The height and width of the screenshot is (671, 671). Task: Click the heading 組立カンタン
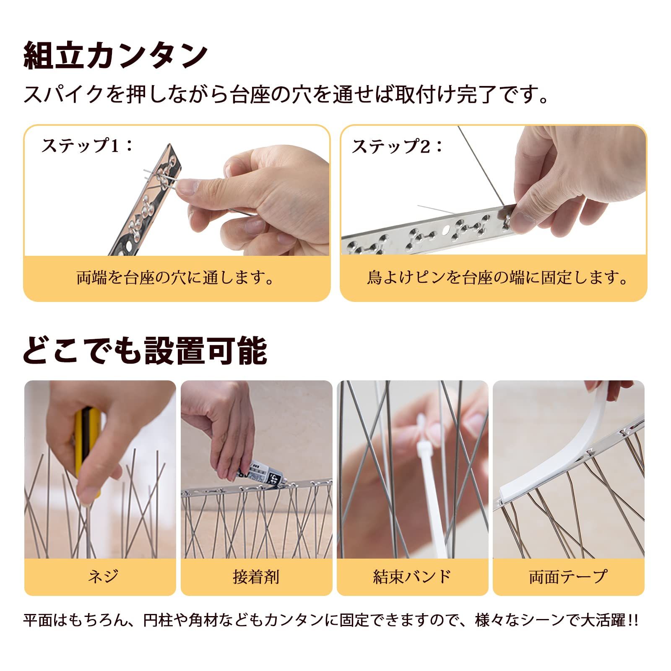(x=115, y=55)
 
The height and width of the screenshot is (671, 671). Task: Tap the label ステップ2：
(x=397, y=146)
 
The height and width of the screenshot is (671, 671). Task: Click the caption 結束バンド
(x=412, y=577)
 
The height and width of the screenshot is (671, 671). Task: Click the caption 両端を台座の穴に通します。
(x=176, y=278)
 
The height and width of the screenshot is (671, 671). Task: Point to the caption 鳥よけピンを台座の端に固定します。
(x=497, y=278)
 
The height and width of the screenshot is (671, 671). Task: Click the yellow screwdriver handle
(x=87, y=436)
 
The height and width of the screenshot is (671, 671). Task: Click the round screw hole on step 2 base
(x=446, y=229)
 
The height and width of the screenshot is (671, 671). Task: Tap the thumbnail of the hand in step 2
(x=579, y=180)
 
